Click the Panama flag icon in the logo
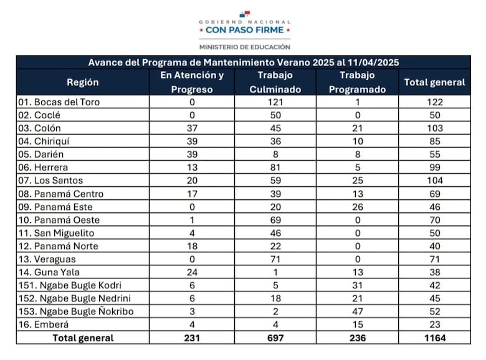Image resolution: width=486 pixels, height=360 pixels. (x=244, y=14)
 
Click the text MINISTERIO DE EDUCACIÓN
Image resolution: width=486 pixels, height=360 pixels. (x=244, y=47)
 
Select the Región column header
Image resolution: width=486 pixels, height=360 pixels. (x=82, y=82)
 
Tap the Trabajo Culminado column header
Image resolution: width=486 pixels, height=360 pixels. (x=275, y=82)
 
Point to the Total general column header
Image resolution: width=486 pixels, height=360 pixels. (x=434, y=82)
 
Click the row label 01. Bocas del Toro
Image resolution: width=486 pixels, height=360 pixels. (x=59, y=102)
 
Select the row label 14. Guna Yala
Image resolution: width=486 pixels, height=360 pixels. (x=49, y=272)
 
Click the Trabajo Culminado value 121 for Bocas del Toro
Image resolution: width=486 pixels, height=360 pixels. (x=275, y=102)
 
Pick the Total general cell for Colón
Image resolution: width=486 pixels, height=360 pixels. (x=434, y=128)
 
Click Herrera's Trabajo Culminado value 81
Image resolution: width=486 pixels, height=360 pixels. (x=275, y=168)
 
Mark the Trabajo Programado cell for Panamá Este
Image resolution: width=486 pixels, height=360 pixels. (x=357, y=207)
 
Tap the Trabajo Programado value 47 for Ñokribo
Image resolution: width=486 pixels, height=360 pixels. (x=357, y=311)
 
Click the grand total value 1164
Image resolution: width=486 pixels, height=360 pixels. (x=434, y=338)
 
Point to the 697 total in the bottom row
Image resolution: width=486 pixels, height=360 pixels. (x=275, y=338)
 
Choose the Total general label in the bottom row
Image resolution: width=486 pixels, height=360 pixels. (x=82, y=338)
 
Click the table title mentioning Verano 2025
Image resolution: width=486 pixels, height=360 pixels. (x=243, y=62)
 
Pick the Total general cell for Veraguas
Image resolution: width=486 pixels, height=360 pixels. (x=434, y=259)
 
